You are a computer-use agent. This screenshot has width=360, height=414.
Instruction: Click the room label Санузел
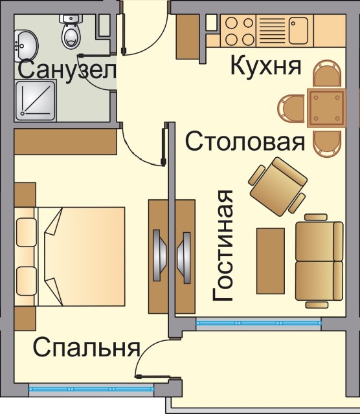tap(67, 70)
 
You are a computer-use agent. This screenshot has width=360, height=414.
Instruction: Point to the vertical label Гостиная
tap(223, 245)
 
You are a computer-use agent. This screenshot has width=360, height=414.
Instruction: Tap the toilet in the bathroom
tap(71, 32)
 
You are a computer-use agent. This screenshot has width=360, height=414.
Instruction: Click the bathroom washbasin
tap(26, 46)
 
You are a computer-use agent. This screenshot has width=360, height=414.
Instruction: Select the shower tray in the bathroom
tap(36, 100)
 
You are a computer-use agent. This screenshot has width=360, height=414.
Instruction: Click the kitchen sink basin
tap(298, 30)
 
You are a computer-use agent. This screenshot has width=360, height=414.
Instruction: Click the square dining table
tap(326, 108)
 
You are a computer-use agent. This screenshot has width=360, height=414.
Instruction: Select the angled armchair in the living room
tap(278, 187)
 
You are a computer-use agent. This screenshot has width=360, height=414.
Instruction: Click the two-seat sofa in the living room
tap(319, 261)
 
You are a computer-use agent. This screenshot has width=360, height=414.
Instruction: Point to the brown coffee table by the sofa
tap(271, 261)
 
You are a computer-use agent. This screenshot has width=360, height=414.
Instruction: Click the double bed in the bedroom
tap(69, 256)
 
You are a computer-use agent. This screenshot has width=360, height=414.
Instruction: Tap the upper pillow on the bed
tap(26, 232)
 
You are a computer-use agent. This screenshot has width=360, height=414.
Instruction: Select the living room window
tap(258, 323)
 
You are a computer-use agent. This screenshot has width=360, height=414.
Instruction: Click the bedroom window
tap(91, 389)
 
